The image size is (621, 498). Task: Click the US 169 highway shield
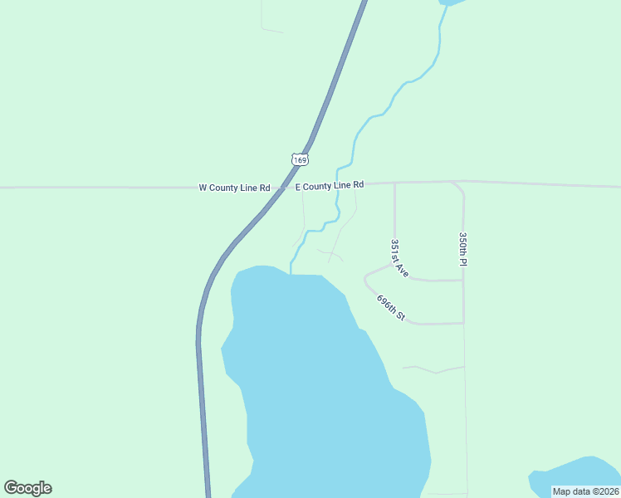[x=300, y=159]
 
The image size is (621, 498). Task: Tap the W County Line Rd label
[x=234, y=188]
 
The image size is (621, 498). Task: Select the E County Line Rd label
[x=330, y=186]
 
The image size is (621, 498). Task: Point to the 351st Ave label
[x=399, y=258]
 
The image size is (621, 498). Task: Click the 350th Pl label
[x=463, y=249]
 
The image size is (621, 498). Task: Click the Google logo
[x=27, y=488]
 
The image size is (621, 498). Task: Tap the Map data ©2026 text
[x=585, y=491]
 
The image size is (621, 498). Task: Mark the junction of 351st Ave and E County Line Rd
[x=394, y=183]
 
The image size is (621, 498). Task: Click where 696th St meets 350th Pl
[x=463, y=323]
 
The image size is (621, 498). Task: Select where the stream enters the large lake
[x=291, y=272]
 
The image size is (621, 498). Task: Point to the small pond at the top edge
[x=452, y=2]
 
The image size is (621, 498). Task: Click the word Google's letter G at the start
[x=12, y=488]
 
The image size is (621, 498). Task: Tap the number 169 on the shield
[x=300, y=159]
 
